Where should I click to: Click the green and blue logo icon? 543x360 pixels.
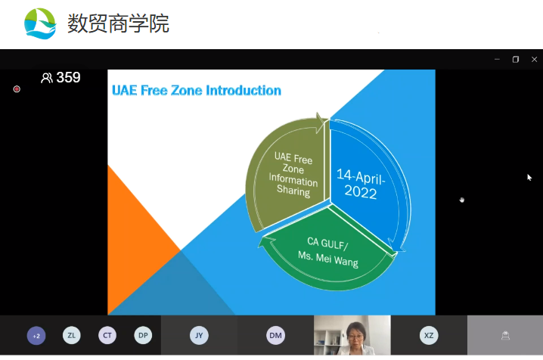(40, 23)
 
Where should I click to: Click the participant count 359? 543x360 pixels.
(68, 77)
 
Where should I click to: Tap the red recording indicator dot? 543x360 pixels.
(17, 89)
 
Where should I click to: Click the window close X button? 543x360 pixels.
(534, 60)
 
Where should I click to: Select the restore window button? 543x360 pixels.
(516, 60)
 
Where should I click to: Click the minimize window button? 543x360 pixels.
(497, 60)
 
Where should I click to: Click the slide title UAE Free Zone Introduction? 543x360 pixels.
(197, 90)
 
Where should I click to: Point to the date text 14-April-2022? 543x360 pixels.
(361, 184)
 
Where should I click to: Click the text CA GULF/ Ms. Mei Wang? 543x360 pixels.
(328, 252)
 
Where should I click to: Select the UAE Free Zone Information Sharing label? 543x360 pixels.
(293, 174)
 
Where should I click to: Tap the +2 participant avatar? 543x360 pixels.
(36, 336)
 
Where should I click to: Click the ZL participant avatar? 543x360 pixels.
(72, 335)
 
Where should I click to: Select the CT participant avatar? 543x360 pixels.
(107, 335)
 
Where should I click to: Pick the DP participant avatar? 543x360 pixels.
(143, 335)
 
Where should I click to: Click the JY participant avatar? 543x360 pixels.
(199, 335)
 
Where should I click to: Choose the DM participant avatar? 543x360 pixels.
(275, 335)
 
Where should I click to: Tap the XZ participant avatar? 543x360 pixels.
(429, 335)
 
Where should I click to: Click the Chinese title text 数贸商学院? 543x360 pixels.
(118, 23)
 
